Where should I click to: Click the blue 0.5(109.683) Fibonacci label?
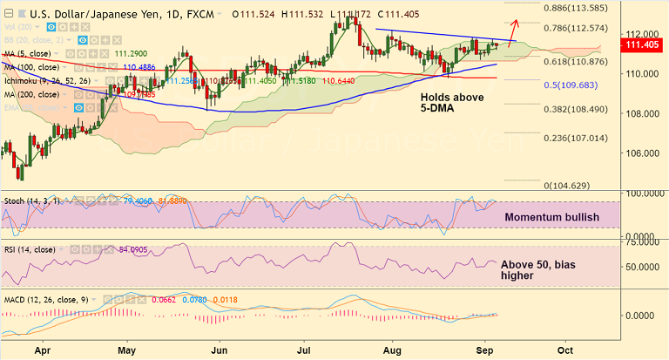tap(571, 86)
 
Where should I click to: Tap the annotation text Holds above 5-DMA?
tap(451, 104)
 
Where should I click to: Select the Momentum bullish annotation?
tap(552, 215)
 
